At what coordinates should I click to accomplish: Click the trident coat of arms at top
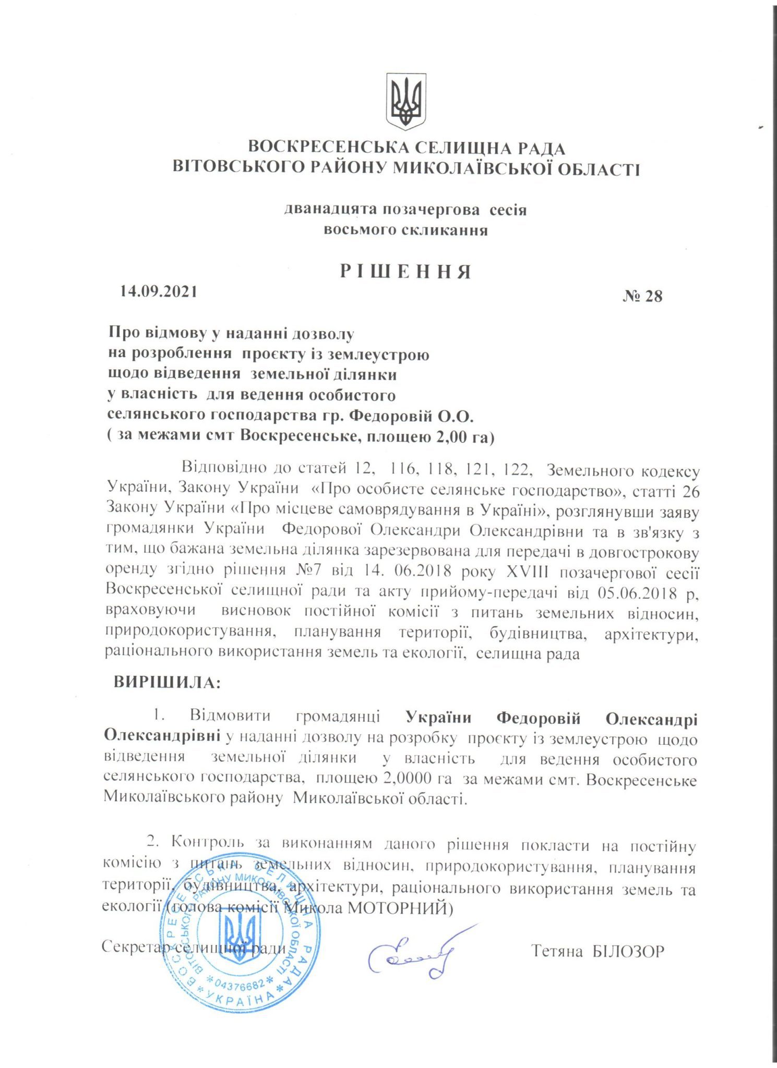405,101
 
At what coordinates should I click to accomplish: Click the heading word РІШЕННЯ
405,272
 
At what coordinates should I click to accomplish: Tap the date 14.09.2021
159,292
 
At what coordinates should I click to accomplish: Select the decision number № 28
642,296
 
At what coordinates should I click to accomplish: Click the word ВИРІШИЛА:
167,683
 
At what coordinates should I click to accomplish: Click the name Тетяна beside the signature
557,951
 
